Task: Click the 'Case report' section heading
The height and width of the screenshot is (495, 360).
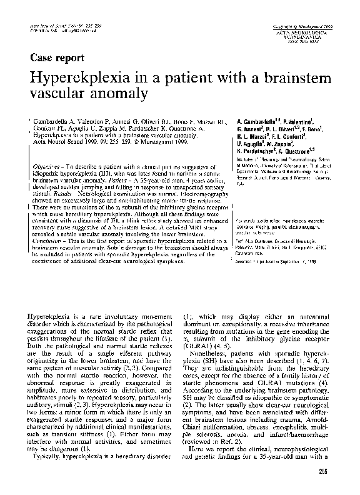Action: pos(57,58)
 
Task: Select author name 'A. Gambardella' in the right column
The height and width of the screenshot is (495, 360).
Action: pos(259,119)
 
